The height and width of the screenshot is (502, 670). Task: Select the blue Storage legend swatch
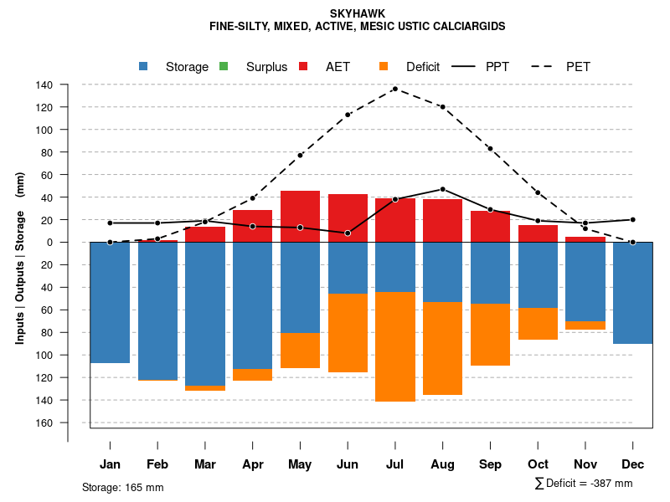(x=144, y=66)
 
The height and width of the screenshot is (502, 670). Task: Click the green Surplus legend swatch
(x=224, y=66)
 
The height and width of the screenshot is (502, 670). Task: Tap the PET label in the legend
(x=578, y=67)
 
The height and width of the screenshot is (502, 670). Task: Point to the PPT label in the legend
(x=497, y=67)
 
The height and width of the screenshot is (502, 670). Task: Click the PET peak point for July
(x=394, y=89)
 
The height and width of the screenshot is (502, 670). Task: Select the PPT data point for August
(x=442, y=189)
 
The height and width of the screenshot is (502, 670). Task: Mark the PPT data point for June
(x=348, y=233)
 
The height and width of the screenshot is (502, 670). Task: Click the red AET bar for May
(x=300, y=217)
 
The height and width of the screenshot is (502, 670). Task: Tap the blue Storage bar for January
(x=110, y=302)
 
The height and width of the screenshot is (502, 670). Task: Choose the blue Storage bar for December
(x=632, y=293)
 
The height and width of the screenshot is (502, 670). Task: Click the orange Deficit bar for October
(x=538, y=324)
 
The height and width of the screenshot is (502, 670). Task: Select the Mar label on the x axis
(x=205, y=464)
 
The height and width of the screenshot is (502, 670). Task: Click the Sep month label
(x=490, y=464)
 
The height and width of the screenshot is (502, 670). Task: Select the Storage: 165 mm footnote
(x=122, y=488)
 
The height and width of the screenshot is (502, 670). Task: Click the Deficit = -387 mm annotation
(x=584, y=484)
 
